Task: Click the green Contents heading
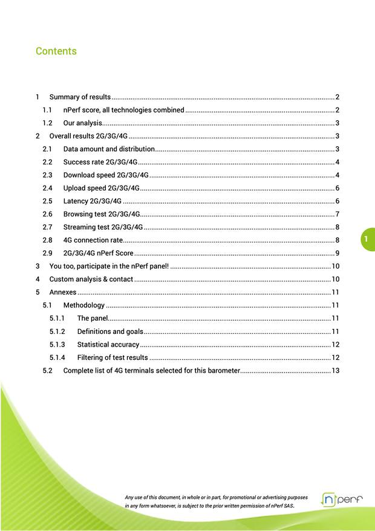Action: coord(56,51)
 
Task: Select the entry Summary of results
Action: coord(80,97)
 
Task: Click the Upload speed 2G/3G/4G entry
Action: coord(102,188)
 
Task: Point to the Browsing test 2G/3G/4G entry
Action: coord(102,214)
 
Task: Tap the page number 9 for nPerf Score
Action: coord(336,253)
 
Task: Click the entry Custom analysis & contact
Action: coord(91,279)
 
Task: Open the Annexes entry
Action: coord(63,292)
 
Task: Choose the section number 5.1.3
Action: coord(57,344)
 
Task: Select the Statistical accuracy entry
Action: coord(108,344)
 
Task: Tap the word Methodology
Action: coord(84,305)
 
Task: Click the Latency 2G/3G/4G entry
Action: coord(93,201)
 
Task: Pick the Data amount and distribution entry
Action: coord(109,149)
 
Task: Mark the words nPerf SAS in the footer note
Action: coord(279,505)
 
